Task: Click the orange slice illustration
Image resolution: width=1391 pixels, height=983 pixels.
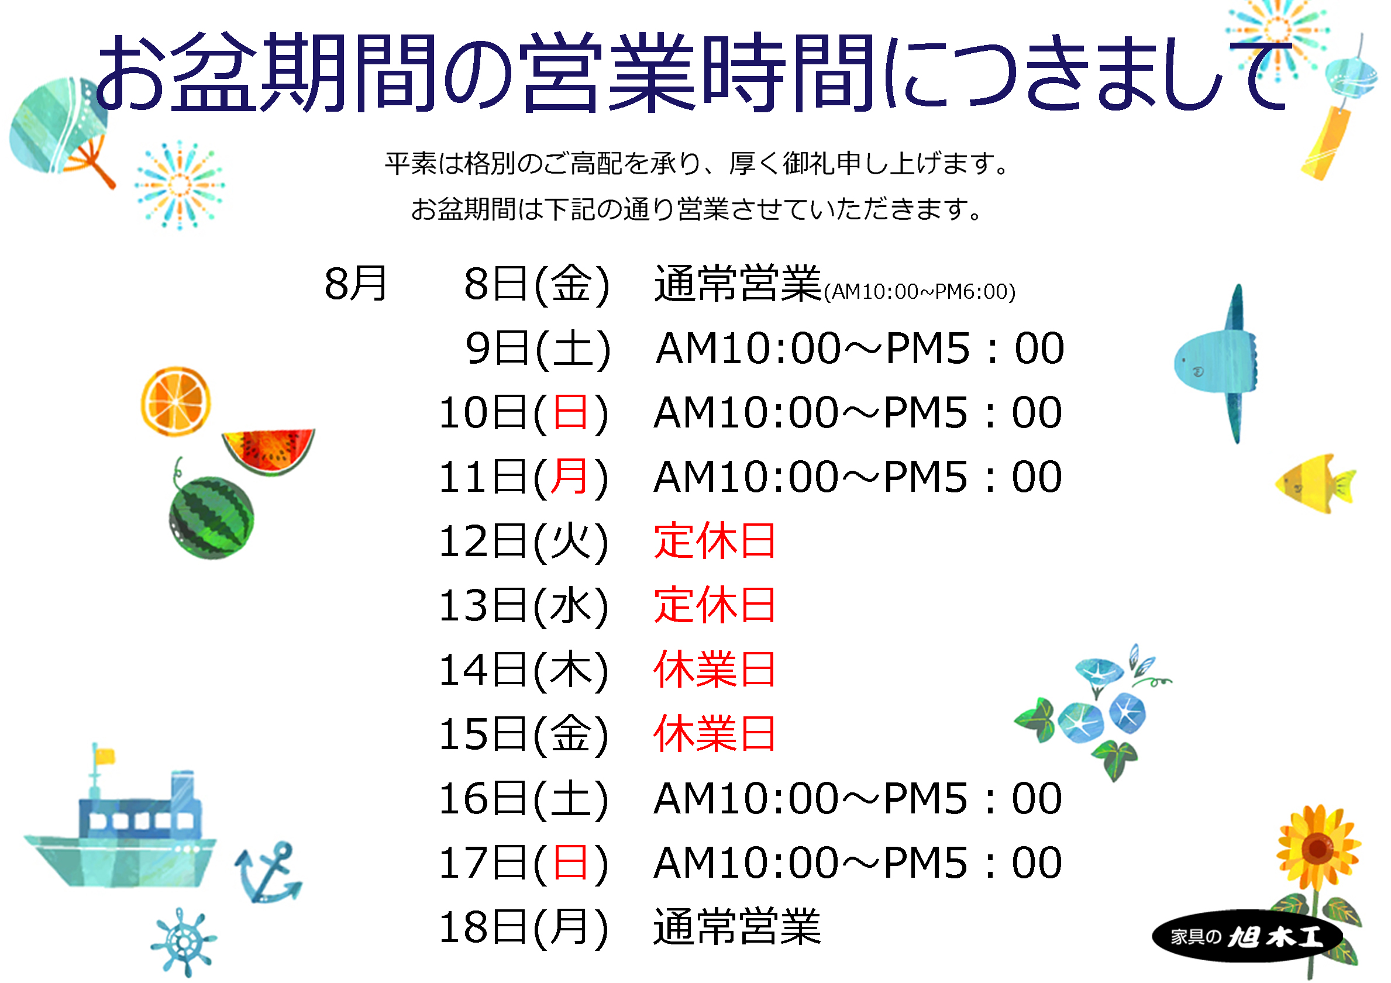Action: point(175,401)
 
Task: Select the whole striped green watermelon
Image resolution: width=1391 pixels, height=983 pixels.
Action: point(211,516)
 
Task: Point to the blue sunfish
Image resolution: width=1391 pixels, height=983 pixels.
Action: point(1218,363)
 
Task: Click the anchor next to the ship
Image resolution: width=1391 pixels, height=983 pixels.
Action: point(268,872)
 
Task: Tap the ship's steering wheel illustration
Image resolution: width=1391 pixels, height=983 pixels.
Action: point(183,942)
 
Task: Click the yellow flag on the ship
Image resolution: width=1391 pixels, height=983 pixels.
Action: point(105,756)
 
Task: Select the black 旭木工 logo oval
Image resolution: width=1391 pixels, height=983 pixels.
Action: point(1247,936)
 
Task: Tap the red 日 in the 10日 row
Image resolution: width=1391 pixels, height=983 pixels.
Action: point(570,412)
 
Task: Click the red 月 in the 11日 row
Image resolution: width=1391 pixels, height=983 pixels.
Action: point(570,477)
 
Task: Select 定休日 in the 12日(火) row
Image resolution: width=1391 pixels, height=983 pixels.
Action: point(715,541)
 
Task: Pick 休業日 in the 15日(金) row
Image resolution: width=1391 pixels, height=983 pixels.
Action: point(715,733)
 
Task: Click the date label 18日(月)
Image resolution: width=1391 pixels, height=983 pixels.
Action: point(524,927)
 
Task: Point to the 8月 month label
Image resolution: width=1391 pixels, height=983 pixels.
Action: point(356,284)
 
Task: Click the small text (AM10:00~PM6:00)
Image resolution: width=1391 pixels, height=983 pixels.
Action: point(919,292)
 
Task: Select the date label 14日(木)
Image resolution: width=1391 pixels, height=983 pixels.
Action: point(524,670)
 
